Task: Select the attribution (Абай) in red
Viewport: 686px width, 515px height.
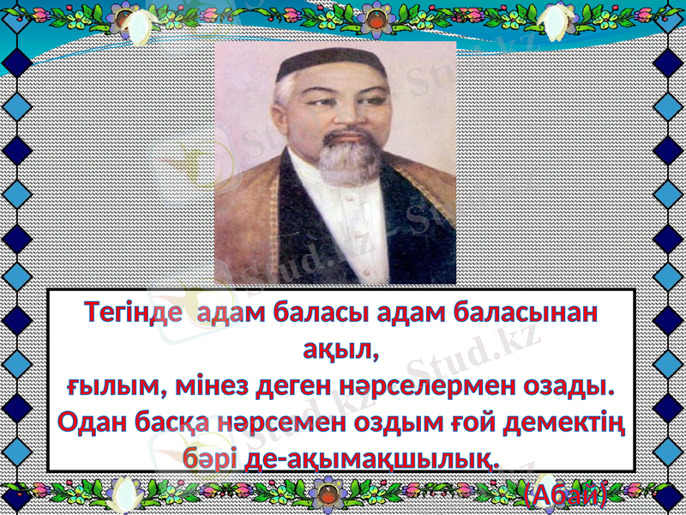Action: (566, 494)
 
